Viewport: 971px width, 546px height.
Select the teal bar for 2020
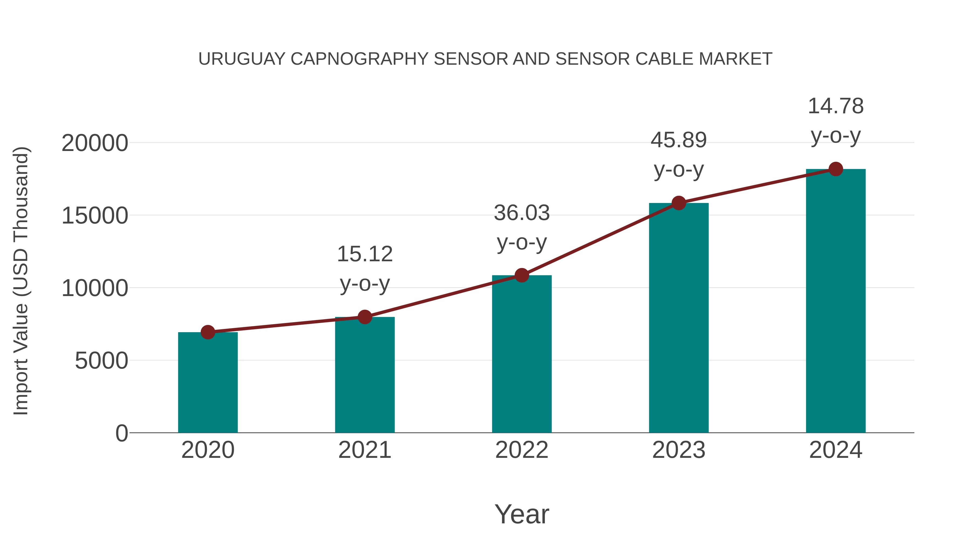click(208, 382)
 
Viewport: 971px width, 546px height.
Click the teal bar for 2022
click(522, 354)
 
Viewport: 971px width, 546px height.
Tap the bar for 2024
click(836, 301)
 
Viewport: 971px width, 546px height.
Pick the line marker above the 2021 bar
click(364, 317)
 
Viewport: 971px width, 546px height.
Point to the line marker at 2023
click(679, 203)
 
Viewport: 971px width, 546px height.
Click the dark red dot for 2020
click(208, 332)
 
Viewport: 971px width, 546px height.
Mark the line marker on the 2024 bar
click(836, 169)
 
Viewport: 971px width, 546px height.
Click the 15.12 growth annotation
click(364, 254)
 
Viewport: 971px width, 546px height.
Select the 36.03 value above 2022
click(522, 213)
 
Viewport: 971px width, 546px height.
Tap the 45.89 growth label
click(679, 140)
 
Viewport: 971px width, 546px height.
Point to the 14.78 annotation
click(836, 106)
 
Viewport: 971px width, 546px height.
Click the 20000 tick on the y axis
click(95, 143)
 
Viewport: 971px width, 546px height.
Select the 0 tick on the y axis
click(122, 433)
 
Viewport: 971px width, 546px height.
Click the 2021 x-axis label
click(364, 450)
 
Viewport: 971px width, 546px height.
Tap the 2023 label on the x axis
click(679, 450)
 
